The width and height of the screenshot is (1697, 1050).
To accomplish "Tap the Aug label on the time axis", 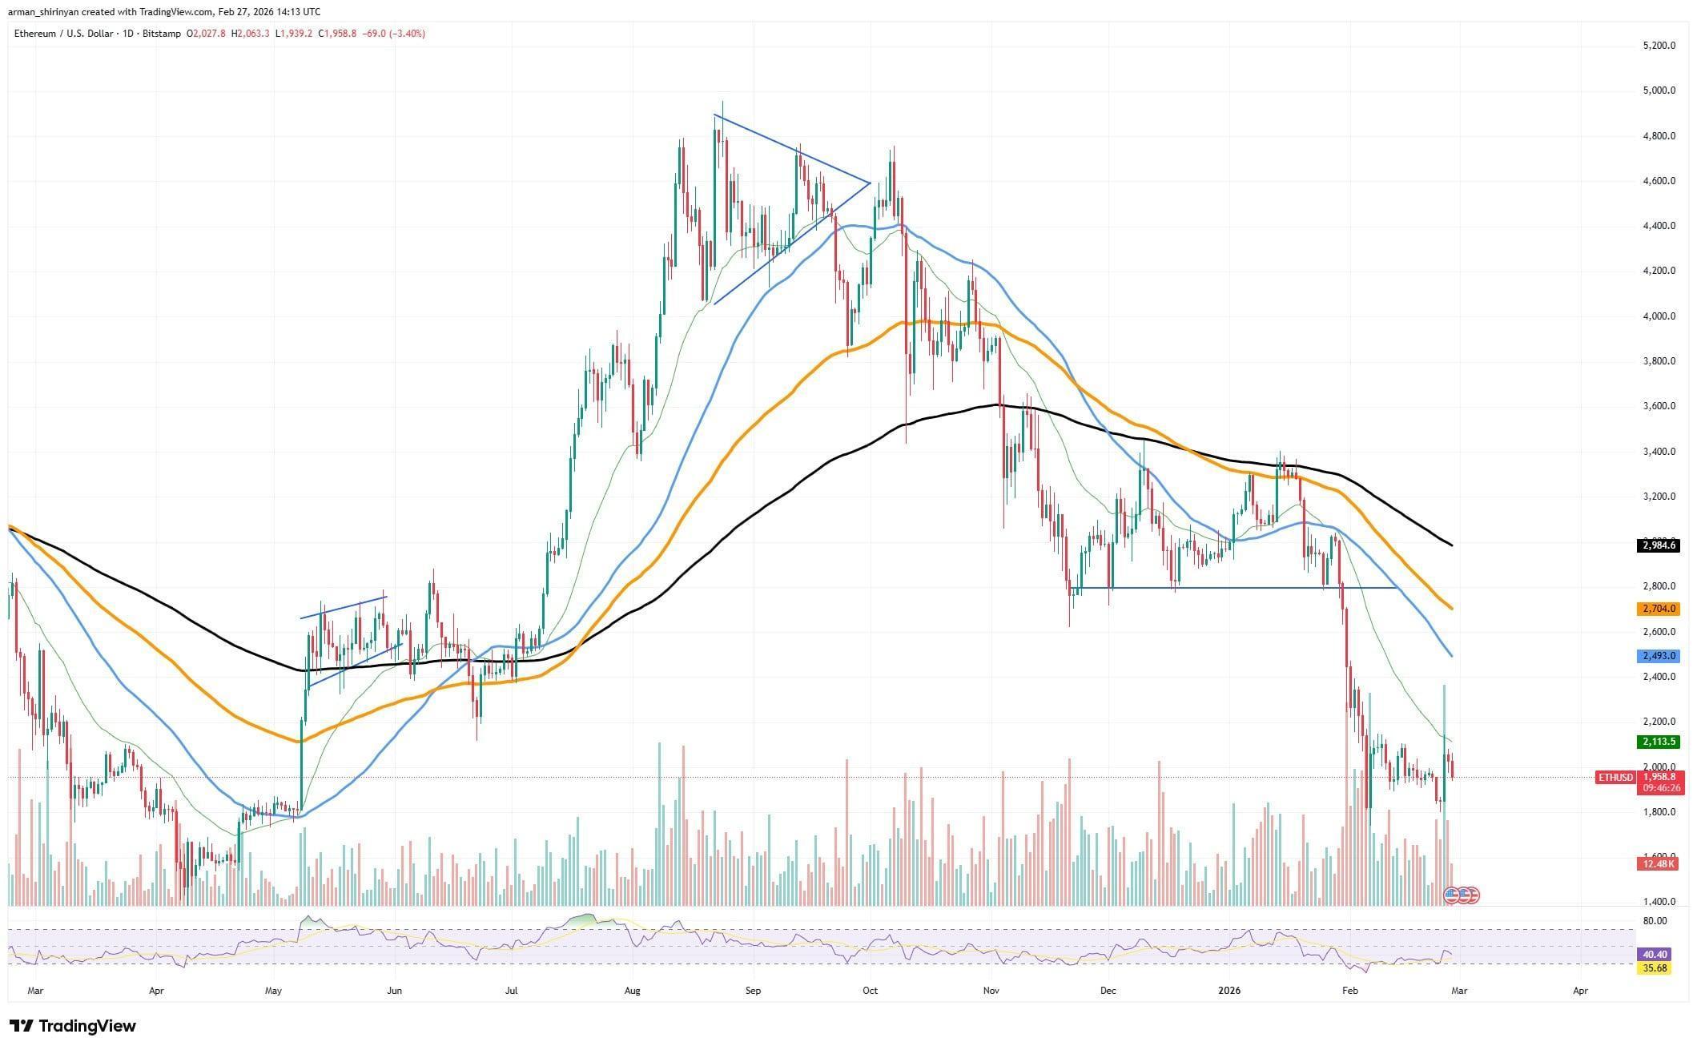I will pyautogui.click(x=633, y=991).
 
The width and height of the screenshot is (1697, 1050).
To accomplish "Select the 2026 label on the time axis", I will pyautogui.click(x=1229, y=991).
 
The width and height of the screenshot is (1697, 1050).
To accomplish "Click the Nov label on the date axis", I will pyautogui.click(x=991, y=991).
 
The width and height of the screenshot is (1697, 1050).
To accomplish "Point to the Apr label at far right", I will pyautogui.click(x=1580, y=991).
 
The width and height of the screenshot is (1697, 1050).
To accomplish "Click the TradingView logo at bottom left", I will pyautogui.click(x=73, y=1026).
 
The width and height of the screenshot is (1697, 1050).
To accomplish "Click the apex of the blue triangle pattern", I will pyautogui.click(x=871, y=183).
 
